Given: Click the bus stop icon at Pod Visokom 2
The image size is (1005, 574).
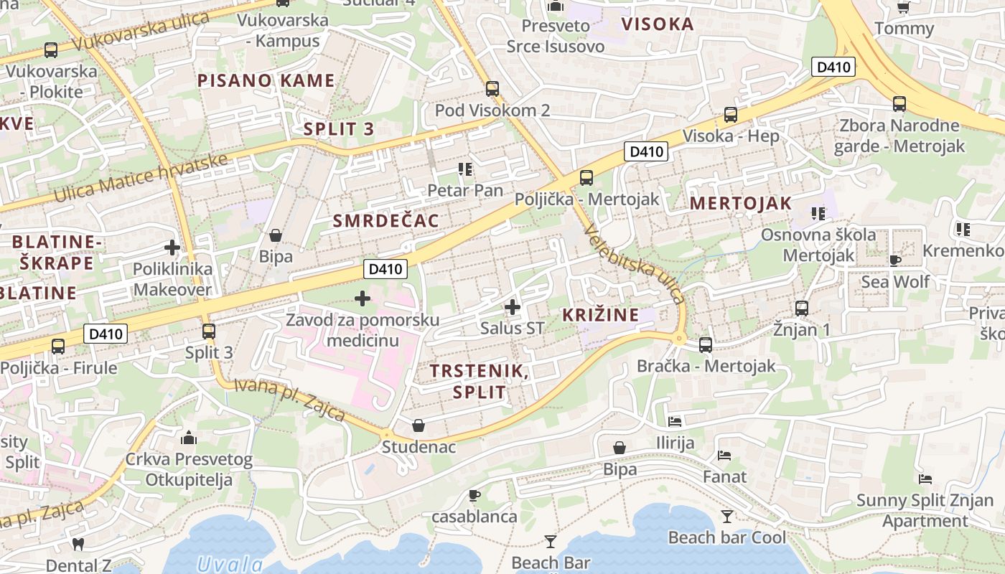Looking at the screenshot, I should tap(492, 89).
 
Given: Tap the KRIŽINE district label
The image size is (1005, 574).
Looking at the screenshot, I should tap(600, 315).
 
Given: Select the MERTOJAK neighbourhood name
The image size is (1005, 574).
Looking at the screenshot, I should tap(740, 203).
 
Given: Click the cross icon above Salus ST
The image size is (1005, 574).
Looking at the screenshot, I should tap(512, 307).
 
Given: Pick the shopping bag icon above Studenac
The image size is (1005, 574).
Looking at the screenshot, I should tap(418, 425).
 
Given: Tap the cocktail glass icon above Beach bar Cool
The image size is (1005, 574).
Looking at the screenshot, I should tap(727, 516).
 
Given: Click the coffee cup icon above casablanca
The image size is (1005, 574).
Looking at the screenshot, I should tap(474, 495).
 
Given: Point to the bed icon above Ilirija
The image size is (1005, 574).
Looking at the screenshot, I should tap(674, 421).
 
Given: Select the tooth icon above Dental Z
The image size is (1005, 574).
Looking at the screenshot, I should tap(78, 544).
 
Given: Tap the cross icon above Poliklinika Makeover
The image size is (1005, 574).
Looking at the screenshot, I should tap(172, 248).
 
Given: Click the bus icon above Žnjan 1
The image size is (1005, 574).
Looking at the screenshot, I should tap(802, 309).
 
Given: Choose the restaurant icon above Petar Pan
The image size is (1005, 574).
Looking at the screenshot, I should tap(465, 169).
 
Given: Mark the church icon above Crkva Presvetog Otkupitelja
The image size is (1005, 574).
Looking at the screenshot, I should tap(189, 438).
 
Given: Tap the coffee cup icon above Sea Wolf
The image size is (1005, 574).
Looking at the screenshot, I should tap(894, 260).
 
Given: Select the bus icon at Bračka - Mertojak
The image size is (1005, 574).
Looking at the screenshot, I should tap(706, 345).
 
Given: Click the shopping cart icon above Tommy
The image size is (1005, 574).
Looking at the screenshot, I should tap(904, 8).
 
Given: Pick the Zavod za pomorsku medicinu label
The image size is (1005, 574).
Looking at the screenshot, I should tap(363, 329).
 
